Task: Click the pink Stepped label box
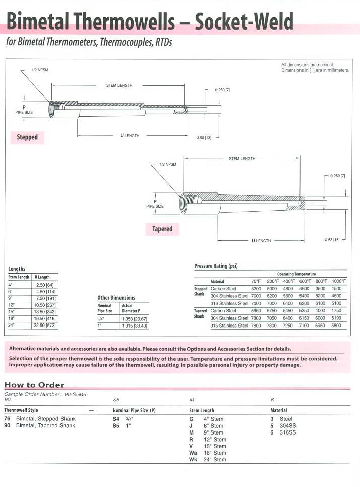27,137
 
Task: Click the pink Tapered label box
162,229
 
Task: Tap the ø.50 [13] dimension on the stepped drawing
204,137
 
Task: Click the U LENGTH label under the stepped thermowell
130,136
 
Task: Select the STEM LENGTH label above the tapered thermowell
242,159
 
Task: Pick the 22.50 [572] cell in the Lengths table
46,326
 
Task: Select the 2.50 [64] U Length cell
46,285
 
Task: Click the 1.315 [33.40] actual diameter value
134,326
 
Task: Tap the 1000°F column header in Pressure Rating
339,281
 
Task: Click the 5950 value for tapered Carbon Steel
256,311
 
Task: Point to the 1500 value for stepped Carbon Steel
336,289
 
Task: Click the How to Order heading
34,385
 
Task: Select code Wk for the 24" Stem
193,460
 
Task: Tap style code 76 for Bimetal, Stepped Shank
7,419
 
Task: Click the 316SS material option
288,432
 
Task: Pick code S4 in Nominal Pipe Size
116,419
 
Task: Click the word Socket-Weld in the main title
244,21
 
